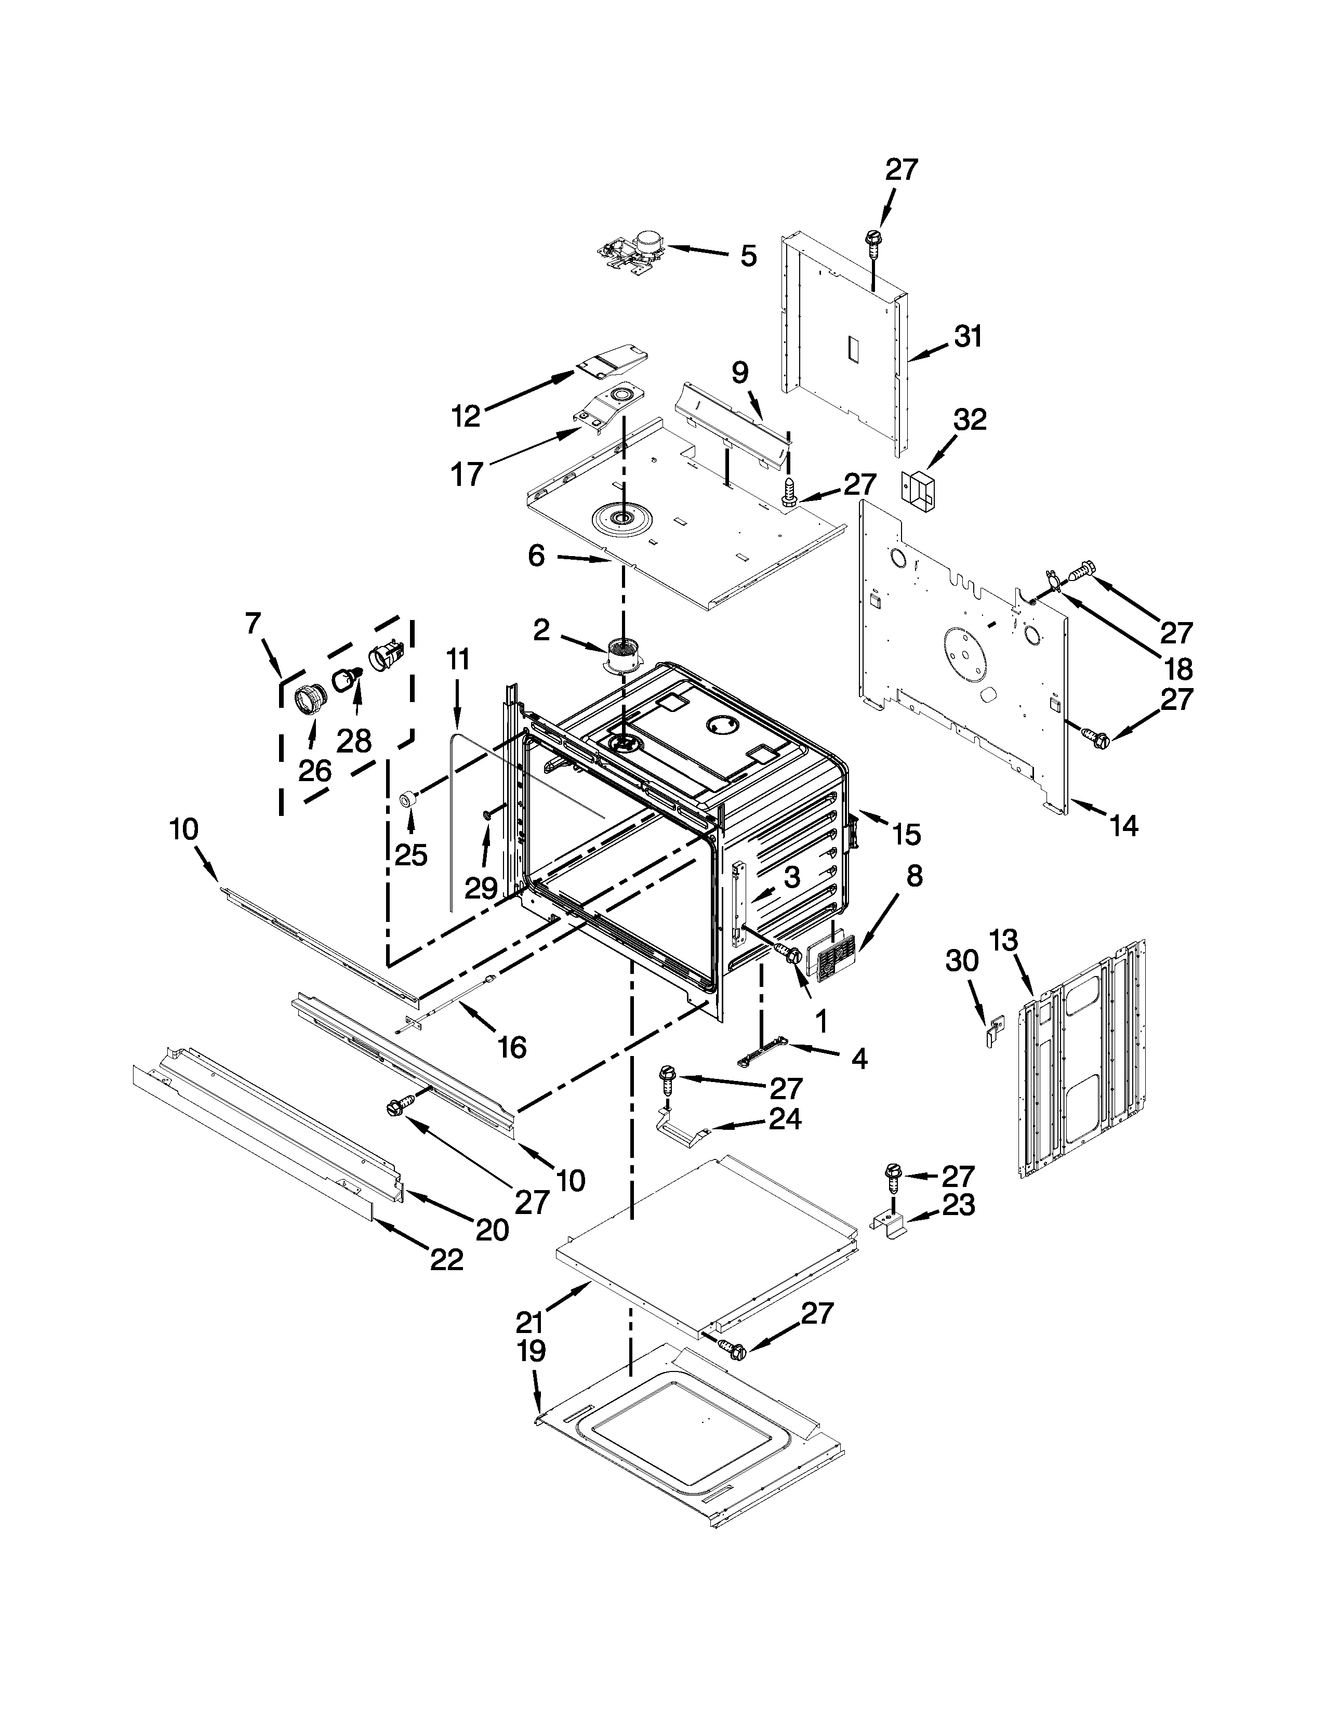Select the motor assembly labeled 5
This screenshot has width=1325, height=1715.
(633, 252)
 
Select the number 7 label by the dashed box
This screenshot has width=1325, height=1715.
(252, 624)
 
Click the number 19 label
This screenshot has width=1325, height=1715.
(532, 1351)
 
